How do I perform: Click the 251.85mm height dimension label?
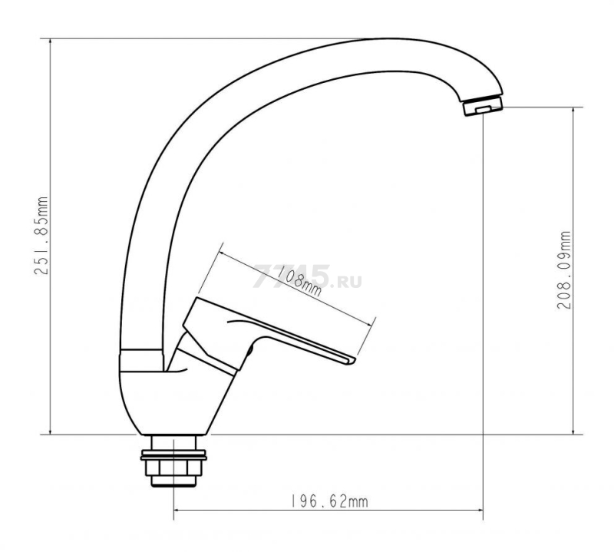[41, 236]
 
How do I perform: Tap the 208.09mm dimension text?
[564, 270]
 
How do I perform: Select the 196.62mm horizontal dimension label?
[329, 501]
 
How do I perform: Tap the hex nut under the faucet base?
[173, 468]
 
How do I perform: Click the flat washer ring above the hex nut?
[173, 455]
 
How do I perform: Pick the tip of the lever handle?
[355, 361]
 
